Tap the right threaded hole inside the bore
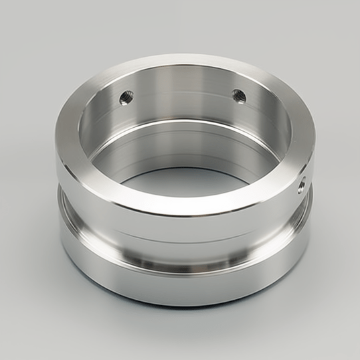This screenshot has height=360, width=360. click(x=238, y=96)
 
